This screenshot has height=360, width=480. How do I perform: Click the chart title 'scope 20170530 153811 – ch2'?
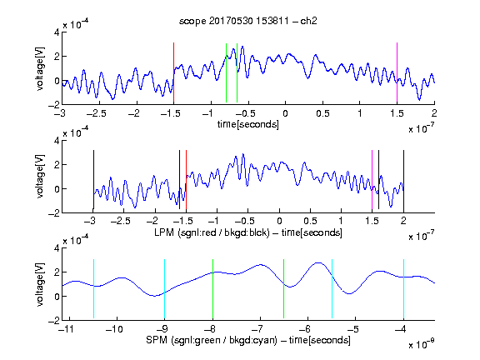[x=248, y=21]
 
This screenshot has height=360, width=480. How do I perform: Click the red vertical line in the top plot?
[x=173, y=72]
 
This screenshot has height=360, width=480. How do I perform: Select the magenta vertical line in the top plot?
[x=397, y=72]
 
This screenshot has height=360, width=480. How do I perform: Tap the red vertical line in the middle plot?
[x=186, y=180]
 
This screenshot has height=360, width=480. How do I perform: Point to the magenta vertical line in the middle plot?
[x=372, y=180]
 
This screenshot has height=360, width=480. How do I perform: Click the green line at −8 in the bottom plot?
[x=212, y=288]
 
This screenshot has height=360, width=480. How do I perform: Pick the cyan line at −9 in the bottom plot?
[x=165, y=288]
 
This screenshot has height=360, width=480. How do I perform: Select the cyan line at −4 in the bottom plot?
[x=403, y=288]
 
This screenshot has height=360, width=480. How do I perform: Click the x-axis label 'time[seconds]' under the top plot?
[x=248, y=125]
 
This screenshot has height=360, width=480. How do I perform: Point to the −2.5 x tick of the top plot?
[x=96, y=114]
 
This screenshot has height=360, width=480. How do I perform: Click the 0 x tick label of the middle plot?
[x=279, y=222]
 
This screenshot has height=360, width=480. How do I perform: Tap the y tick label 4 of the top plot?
[x=57, y=32]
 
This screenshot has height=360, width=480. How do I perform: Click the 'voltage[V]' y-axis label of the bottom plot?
[x=40, y=284]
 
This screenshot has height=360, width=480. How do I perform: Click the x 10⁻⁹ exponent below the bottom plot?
[x=422, y=344]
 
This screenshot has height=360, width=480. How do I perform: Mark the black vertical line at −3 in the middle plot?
[x=93, y=180]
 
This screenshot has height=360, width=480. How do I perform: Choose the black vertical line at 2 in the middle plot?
[x=403, y=180]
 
